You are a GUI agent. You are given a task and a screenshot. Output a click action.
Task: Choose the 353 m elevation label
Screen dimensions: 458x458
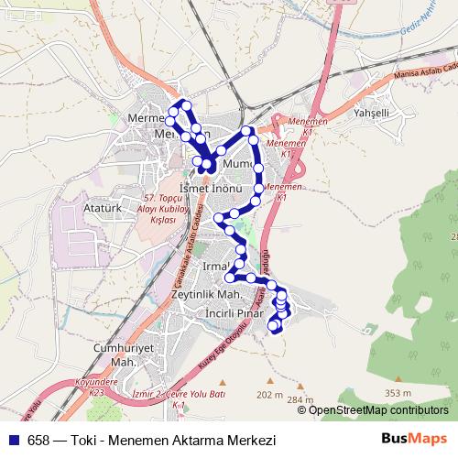point(398,393)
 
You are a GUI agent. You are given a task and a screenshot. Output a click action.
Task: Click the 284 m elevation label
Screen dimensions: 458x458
point(299,400)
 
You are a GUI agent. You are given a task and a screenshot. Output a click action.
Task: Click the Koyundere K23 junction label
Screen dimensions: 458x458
point(83,388)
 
